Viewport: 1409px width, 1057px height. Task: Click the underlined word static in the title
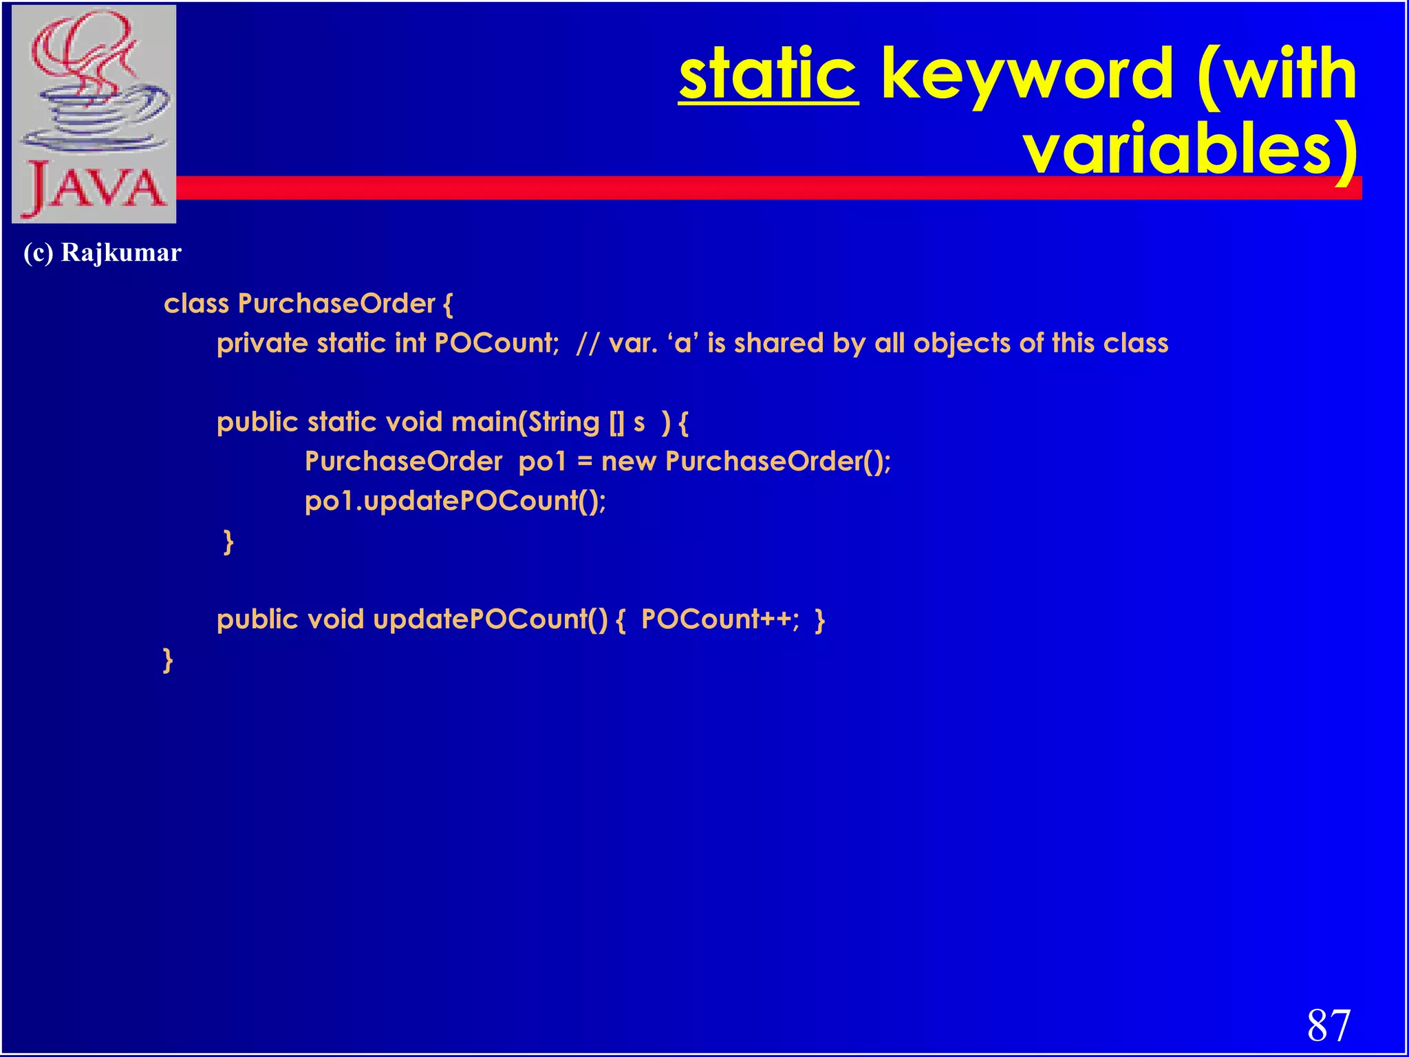(x=768, y=74)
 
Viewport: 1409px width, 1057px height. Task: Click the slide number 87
(x=1329, y=1025)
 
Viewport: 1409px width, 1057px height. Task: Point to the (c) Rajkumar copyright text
(x=103, y=253)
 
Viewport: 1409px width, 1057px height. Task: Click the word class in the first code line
(x=196, y=303)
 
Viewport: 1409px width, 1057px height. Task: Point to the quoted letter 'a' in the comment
(x=683, y=343)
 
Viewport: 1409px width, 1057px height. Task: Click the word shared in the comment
(x=778, y=343)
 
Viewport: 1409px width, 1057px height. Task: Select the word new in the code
(x=628, y=462)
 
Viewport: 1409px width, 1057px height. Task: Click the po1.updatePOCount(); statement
(x=455, y=501)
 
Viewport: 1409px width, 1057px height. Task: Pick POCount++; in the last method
(x=720, y=619)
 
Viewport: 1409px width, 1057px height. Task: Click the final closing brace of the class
(x=168, y=659)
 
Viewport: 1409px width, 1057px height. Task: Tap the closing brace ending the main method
(x=228, y=542)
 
